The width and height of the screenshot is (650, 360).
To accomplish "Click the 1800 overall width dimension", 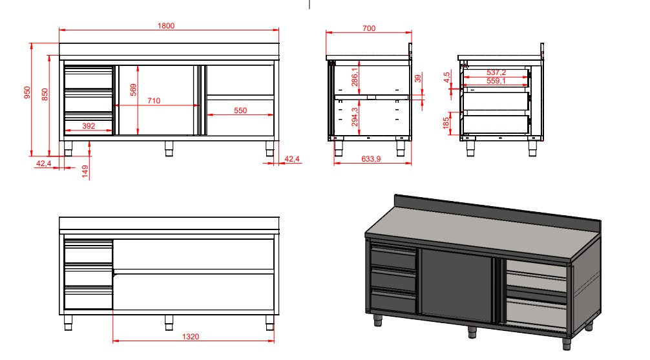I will (167, 26).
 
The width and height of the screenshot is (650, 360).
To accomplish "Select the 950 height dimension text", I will (27, 94).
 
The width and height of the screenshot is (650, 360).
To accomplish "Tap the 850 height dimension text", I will (45, 94).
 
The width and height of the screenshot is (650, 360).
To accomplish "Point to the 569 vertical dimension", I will (134, 90).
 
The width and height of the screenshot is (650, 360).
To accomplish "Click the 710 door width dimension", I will (154, 101).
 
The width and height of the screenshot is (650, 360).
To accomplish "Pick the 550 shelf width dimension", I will (240, 111).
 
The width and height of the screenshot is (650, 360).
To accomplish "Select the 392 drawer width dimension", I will (89, 126).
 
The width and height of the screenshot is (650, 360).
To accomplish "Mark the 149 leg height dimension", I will (86, 171).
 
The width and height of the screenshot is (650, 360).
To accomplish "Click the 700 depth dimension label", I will (369, 28).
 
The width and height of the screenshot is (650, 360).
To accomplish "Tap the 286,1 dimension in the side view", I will (354, 78).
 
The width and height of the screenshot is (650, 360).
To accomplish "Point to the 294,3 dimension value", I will (354, 118).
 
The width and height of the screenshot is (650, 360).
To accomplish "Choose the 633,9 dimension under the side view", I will (370, 158).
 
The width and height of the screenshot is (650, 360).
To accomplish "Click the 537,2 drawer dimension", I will (496, 73).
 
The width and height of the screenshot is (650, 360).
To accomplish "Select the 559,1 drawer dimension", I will (496, 81).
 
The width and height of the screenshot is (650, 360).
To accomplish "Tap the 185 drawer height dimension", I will (446, 123).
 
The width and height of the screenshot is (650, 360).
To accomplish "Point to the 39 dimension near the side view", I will (417, 79).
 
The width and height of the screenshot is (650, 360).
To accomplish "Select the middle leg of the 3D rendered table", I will (472, 332).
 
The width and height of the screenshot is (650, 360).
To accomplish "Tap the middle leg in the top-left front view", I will (169, 148).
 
